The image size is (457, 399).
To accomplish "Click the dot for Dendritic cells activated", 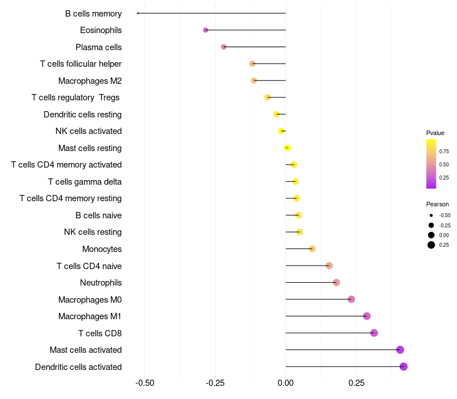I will (403, 367).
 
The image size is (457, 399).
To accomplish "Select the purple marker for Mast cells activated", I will (400, 350).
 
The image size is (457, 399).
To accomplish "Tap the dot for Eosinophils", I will (206, 30).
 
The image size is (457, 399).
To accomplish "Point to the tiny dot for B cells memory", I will (138, 13).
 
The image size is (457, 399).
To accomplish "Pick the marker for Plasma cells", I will (223, 47).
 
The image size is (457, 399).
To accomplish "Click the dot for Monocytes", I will (312, 249).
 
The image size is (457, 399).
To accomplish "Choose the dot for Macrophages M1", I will (367, 316).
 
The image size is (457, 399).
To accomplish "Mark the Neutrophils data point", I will (336, 283).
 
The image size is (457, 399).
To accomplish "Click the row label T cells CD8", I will (100, 333).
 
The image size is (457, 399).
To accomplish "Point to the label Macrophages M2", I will (90, 81).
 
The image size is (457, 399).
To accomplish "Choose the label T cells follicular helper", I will (81, 64).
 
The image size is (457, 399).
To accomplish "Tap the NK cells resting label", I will (93, 232).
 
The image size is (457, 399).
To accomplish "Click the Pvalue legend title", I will (435, 133).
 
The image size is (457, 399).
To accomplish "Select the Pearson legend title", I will (438, 204).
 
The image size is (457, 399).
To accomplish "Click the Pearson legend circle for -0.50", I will (431, 215).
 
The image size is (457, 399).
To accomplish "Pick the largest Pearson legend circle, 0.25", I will (431, 245).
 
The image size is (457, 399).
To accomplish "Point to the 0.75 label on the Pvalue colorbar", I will (444, 152).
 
